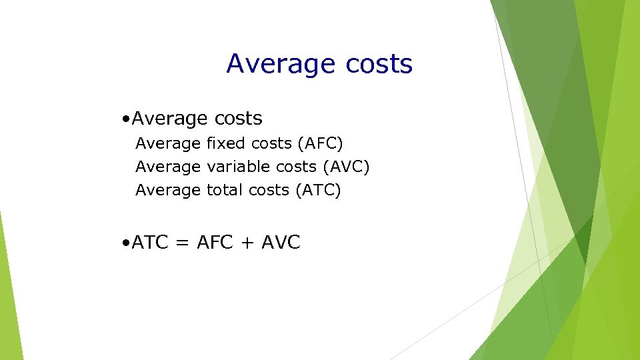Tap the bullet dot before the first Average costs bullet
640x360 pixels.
126,119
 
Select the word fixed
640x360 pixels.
226,143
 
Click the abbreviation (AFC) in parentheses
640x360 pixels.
320,143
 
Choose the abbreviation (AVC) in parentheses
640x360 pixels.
346,167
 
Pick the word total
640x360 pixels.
225,191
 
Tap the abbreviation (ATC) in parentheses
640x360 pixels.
317,191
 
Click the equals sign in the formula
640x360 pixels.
182,243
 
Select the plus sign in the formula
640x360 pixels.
247,243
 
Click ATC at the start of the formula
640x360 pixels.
150,243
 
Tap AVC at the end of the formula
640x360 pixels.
281,243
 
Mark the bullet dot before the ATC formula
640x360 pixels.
126,243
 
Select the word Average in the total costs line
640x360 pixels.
168,191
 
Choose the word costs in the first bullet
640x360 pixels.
238,119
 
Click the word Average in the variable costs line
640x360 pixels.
168,167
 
